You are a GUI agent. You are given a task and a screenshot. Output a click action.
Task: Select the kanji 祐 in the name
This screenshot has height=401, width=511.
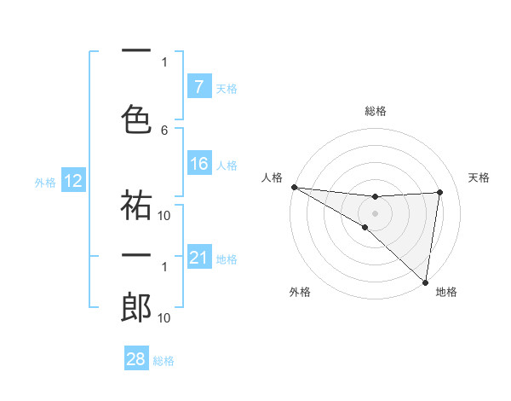tap(136, 203)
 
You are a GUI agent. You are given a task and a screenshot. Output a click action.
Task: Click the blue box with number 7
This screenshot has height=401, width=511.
tap(198, 86)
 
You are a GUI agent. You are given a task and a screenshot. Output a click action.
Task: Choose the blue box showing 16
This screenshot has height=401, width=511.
tap(198, 164)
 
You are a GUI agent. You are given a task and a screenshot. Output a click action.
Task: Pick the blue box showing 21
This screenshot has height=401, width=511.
tap(198, 258)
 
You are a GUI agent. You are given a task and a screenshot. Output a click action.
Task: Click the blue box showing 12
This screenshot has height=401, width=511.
tap(72, 181)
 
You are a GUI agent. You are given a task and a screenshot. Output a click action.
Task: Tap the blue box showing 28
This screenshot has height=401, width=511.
tap(136, 359)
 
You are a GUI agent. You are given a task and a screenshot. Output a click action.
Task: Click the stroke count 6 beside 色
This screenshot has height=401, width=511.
tap(164, 130)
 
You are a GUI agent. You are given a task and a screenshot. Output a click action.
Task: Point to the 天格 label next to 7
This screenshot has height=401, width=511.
tap(227, 88)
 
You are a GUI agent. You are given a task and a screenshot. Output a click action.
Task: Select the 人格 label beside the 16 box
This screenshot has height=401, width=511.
tap(227, 165)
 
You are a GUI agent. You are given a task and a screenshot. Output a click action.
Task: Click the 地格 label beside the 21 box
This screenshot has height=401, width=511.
tap(227, 259)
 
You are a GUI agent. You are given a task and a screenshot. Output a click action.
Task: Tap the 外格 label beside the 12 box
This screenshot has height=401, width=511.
tap(45, 182)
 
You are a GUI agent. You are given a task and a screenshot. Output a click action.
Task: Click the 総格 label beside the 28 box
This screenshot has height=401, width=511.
tap(164, 360)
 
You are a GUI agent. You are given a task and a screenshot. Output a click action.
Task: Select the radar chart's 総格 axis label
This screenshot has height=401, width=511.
tap(375, 111)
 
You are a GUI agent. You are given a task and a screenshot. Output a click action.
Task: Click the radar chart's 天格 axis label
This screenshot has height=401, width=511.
tap(479, 177)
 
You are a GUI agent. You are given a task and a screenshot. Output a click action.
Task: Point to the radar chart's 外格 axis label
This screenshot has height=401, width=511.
tap(300, 292)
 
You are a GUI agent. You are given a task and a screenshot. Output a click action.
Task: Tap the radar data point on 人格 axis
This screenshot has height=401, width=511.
tap(294, 186)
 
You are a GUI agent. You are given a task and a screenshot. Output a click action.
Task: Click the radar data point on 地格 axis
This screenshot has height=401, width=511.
tap(426, 282)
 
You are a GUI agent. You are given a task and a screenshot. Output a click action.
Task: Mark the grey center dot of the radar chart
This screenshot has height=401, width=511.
tap(375, 212)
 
